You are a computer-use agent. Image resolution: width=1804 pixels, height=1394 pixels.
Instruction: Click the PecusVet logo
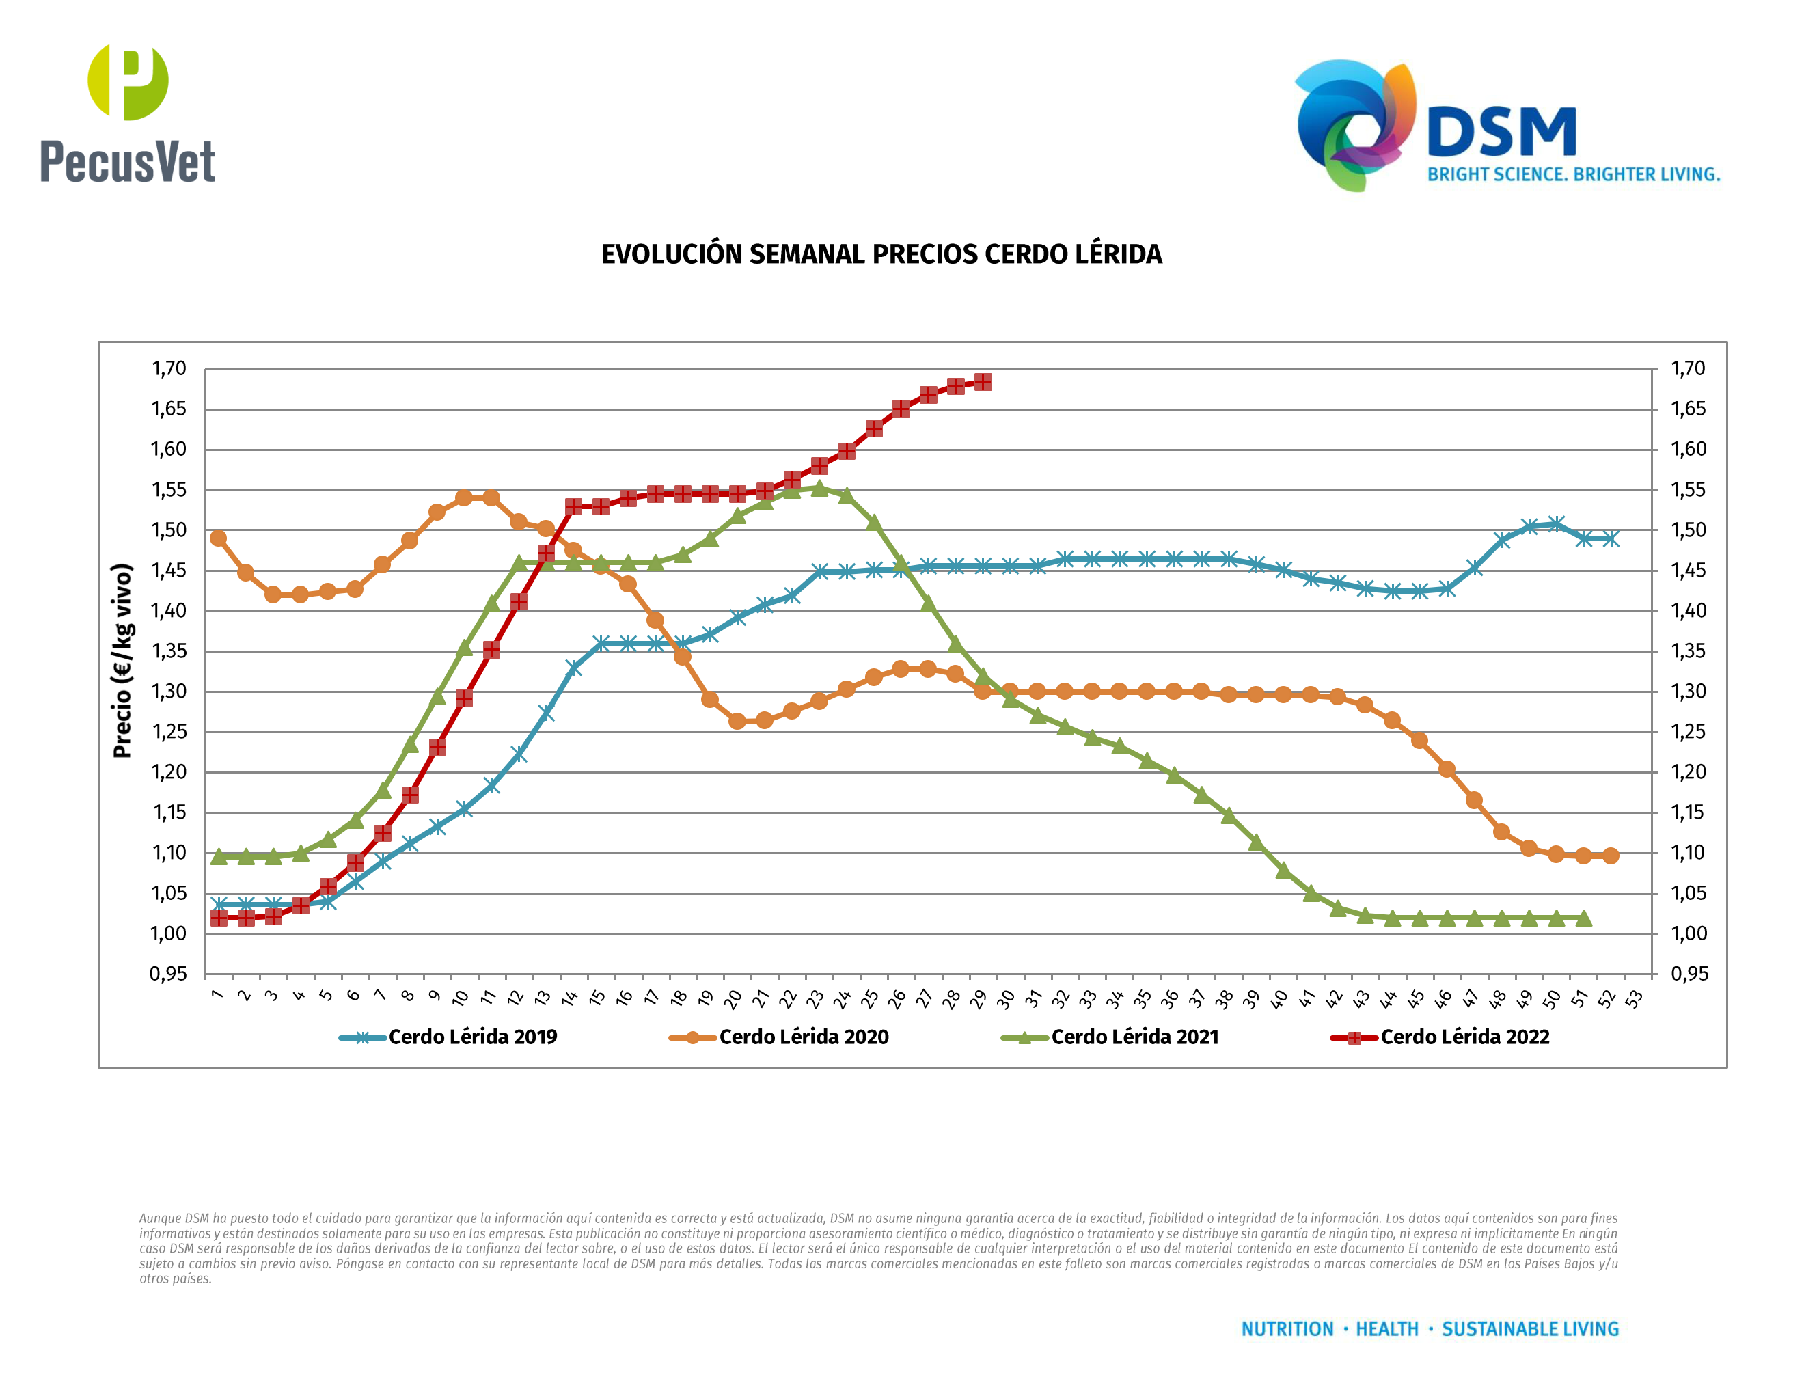(128, 113)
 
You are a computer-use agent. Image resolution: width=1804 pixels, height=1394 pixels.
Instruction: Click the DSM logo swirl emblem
(1354, 124)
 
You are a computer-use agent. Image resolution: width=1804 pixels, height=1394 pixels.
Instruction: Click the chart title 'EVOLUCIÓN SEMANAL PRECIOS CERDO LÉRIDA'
(881, 254)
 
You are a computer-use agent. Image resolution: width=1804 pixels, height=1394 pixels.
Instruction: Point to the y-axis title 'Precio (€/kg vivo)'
(122, 661)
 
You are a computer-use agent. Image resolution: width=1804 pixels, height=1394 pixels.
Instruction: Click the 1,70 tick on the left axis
(169, 368)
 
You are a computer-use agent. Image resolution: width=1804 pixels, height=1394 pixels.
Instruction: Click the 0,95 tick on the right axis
(1689, 974)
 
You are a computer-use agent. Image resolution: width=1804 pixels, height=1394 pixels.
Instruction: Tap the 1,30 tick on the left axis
(169, 692)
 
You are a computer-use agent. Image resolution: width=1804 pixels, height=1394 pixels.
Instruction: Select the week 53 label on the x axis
(1634, 999)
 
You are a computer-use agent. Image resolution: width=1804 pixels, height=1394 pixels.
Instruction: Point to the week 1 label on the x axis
(217, 994)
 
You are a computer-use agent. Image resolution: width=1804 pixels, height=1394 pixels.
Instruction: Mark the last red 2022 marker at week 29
(983, 381)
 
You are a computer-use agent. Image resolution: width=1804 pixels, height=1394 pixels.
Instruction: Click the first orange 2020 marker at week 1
(218, 538)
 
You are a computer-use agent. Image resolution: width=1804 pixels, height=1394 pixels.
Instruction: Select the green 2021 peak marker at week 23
(819, 488)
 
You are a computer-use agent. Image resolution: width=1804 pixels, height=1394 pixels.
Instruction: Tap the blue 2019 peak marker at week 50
(1556, 523)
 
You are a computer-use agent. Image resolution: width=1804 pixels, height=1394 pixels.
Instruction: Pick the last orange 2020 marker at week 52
(1610, 856)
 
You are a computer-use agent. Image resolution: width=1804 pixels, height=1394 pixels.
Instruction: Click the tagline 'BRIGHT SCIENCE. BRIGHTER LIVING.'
(1574, 175)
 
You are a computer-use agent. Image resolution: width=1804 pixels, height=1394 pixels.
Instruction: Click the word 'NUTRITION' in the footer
(1287, 1329)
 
